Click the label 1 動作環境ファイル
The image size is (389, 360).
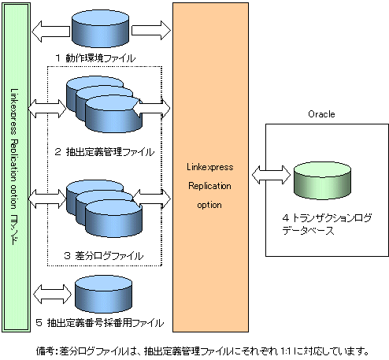click(95, 58)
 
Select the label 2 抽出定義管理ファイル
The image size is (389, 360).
click(105, 152)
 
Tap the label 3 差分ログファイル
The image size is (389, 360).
click(104, 255)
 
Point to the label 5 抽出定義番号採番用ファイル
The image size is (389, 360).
click(100, 323)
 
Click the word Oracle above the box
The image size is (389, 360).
click(321, 114)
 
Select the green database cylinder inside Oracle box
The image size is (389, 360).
click(322, 180)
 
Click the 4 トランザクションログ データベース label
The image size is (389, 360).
click(327, 224)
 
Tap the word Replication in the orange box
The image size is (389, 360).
click(209, 186)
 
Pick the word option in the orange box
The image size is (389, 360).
click(209, 205)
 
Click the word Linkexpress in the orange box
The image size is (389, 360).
click(210, 167)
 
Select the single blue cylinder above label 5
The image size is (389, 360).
click(103, 294)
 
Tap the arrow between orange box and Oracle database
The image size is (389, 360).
click(271, 175)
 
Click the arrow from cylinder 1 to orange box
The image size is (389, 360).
click(151, 30)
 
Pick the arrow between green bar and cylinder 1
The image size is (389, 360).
click(51, 32)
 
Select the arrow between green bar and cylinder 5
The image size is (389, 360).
click(53, 294)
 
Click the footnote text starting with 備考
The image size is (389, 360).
click(202, 351)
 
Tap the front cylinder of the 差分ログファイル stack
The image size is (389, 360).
click(113, 218)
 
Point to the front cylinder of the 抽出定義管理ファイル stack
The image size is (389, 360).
click(113, 114)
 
